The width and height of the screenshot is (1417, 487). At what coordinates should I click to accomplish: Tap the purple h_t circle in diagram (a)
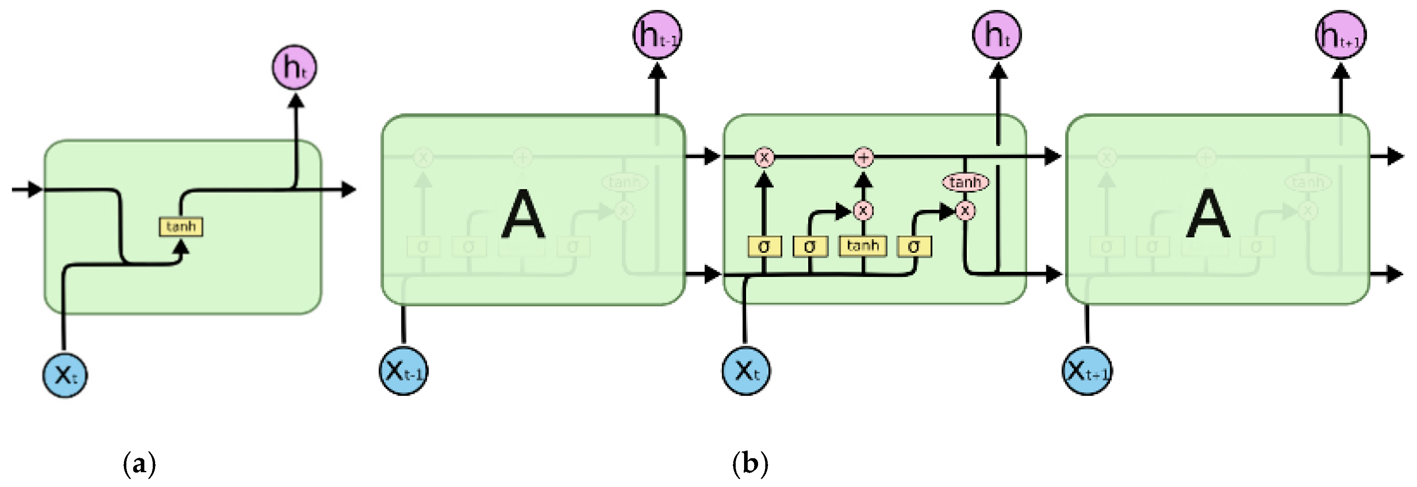click(x=294, y=67)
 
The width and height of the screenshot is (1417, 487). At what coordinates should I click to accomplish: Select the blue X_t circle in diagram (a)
click(x=65, y=375)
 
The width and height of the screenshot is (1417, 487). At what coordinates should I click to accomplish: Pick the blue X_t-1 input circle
click(x=403, y=371)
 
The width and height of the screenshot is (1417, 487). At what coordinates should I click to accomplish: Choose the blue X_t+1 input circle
click(x=1086, y=371)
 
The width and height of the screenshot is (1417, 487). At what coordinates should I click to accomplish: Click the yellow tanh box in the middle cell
click(x=862, y=245)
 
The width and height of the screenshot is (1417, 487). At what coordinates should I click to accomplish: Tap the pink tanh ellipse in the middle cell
click(x=965, y=182)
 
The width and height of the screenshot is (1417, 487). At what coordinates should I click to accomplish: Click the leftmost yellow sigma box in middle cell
click(x=764, y=247)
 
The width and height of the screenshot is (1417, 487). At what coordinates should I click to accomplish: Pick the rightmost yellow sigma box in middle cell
click(x=914, y=247)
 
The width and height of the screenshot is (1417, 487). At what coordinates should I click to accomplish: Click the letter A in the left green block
click(x=523, y=214)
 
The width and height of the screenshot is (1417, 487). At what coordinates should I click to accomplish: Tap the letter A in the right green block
click(x=1207, y=214)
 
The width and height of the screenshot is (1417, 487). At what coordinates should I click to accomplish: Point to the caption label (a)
click(x=139, y=464)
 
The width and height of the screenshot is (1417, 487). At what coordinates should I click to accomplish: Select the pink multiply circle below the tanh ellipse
click(x=965, y=210)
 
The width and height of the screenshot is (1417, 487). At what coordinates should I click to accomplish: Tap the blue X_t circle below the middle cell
click(x=746, y=371)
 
